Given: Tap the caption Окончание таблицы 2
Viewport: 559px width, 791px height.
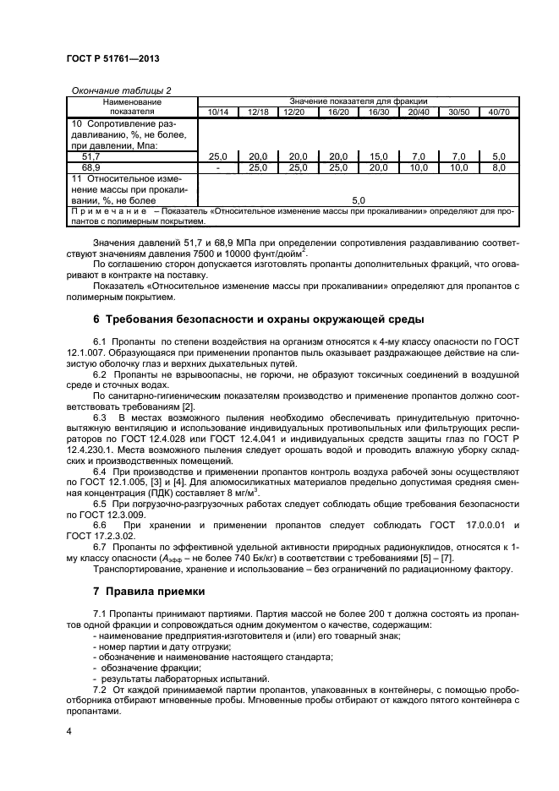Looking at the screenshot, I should [109, 90].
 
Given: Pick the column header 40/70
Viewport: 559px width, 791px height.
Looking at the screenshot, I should [499, 112].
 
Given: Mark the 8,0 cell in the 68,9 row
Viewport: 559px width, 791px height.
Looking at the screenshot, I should [499, 168].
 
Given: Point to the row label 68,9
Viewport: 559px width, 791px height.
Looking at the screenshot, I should [90, 168].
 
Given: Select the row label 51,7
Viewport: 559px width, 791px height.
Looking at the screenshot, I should [90, 157].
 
